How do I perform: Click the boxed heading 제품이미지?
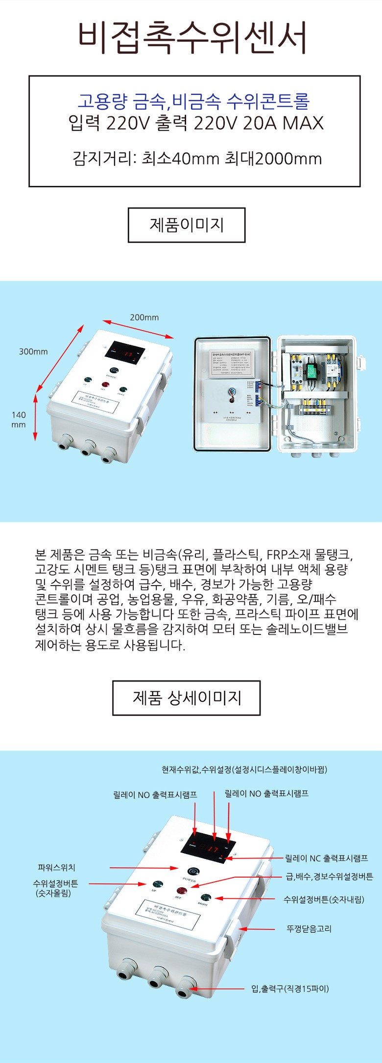(187, 225)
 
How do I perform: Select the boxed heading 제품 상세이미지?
(187, 698)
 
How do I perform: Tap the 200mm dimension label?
(144, 317)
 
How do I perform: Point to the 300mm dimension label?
(33, 352)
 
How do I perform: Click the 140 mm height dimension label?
(19, 420)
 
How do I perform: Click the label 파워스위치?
(56, 867)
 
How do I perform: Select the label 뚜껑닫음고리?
(309, 928)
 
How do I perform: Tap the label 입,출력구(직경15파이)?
(290, 989)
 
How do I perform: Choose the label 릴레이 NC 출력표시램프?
(327, 858)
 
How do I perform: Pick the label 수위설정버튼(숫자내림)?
(324, 899)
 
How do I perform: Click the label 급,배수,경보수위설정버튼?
(329, 876)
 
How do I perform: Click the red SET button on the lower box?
(182, 892)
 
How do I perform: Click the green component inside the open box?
(310, 370)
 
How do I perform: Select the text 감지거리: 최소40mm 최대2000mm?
(197, 159)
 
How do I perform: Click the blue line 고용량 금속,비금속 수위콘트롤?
(194, 102)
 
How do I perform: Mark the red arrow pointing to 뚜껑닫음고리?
(258, 928)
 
